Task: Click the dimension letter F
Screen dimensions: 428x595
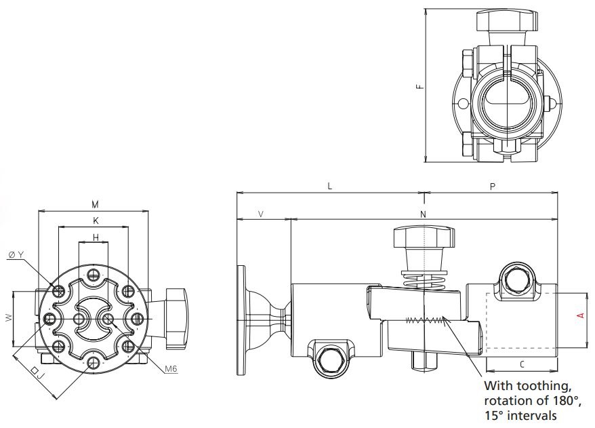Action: click(x=419, y=86)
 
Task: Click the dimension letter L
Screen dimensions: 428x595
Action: click(x=329, y=185)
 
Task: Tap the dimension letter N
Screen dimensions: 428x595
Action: click(x=423, y=214)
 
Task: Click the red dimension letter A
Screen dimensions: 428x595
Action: click(x=579, y=315)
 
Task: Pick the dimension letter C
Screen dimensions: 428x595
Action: click(x=520, y=364)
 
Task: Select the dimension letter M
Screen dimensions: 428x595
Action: click(x=96, y=203)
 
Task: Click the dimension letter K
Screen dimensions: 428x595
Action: click(x=96, y=220)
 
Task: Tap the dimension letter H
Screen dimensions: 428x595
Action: click(x=96, y=237)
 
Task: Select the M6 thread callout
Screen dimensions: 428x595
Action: click(x=170, y=368)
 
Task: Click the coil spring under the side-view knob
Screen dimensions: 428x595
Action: click(x=421, y=279)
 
